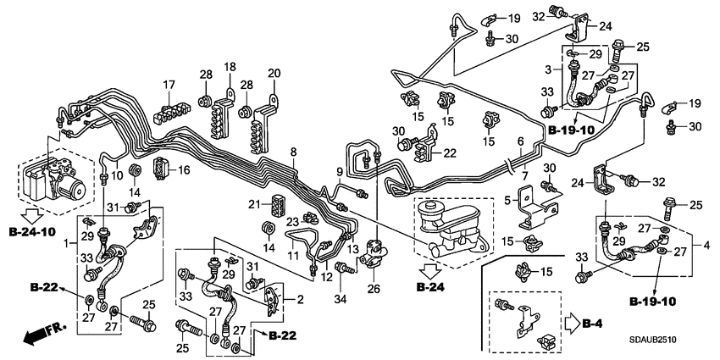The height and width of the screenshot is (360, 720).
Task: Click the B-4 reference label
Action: (600, 321)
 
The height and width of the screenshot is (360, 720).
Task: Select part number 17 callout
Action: (169, 85)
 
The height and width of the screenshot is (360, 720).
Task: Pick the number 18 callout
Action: (230, 67)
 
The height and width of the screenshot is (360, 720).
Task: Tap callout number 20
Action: (273, 73)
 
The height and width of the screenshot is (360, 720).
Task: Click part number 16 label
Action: (184, 170)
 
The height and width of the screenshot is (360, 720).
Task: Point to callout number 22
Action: (449, 152)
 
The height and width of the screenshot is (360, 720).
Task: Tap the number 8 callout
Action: (293, 152)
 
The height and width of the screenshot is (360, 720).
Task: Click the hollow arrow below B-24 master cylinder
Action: (430, 271)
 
